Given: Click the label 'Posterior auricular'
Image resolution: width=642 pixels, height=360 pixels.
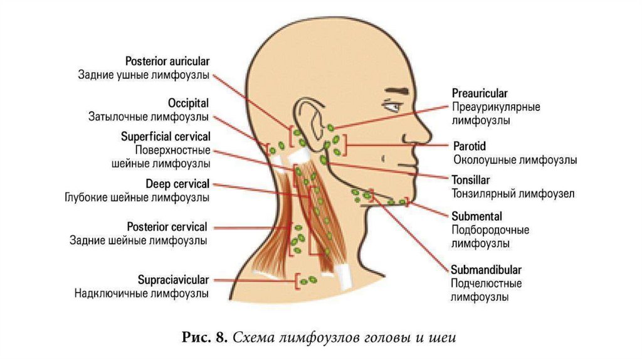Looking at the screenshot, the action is (167, 61).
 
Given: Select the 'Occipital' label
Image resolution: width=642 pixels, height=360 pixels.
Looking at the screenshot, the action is (188, 103).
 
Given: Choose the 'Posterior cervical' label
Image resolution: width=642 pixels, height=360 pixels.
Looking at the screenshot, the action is (166, 226).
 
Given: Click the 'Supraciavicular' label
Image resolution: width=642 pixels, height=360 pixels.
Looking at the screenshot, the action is (173, 279).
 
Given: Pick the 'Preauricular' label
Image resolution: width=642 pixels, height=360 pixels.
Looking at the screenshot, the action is (480, 93).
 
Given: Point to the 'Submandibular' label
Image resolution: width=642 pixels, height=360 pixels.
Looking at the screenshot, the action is (486, 270).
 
